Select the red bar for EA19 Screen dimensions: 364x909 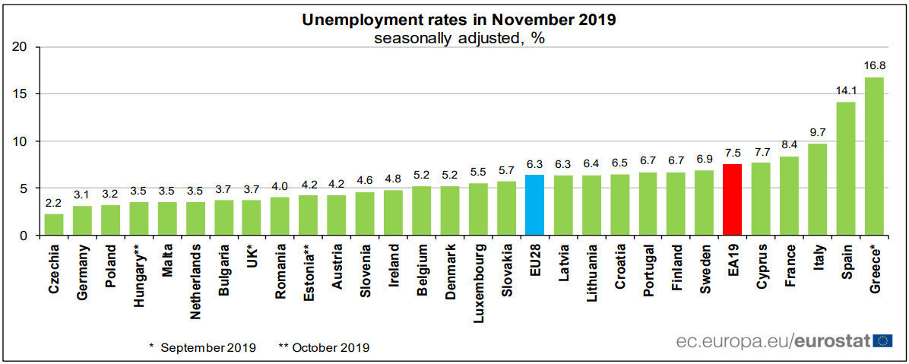tap(733, 200)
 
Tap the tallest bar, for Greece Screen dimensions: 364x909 tap(874, 157)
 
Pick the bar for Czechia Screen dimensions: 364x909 tap(54, 225)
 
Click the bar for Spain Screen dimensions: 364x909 tap(846, 169)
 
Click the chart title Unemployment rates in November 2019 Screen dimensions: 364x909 tap(458, 21)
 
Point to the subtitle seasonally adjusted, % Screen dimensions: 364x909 tap(458, 38)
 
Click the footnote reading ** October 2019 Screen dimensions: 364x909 tap(324, 347)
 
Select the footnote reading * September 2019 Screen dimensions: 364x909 tap(201, 347)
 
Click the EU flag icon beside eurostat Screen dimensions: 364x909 tap(883, 341)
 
